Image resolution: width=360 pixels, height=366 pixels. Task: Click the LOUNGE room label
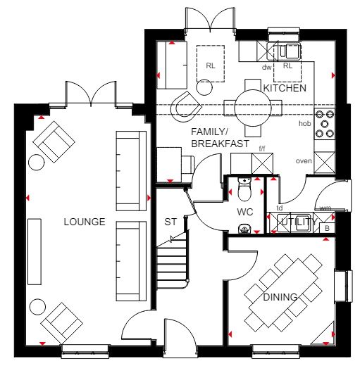point(85,222)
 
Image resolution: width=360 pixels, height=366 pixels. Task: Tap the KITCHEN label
point(285,88)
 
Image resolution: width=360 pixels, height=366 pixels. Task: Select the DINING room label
point(280,297)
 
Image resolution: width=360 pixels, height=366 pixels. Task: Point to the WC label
point(245,212)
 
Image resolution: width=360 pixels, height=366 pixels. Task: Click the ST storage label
point(170,222)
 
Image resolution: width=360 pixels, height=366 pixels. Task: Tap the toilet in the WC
point(244,189)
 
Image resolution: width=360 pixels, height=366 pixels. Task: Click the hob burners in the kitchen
point(325,124)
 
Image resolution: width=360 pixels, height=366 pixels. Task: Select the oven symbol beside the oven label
point(324,163)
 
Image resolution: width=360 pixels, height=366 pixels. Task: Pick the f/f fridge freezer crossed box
point(262,163)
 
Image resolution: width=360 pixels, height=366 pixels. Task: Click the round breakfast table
point(253,108)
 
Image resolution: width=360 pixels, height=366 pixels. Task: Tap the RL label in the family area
point(211,65)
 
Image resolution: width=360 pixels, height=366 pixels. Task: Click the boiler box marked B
point(327,228)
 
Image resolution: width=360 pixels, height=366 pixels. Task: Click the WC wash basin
point(244,228)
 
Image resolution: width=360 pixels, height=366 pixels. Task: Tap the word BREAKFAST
point(220,144)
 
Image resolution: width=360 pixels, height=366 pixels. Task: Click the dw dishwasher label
point(266,68)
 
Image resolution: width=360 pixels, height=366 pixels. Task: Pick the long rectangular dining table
point(283,293)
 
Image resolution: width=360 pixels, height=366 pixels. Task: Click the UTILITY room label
point(299,222)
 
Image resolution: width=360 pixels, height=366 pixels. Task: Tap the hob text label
point(304,123)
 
